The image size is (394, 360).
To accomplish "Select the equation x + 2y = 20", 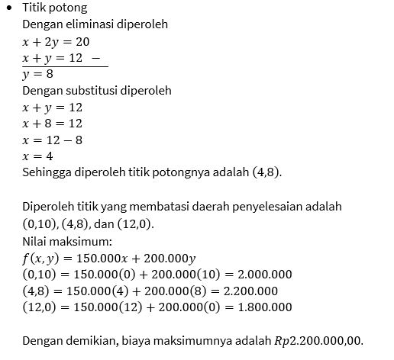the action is (56, 40).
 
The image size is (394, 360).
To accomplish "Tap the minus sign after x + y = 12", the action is (94, 57).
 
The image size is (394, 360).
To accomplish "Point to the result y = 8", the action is (37, 74).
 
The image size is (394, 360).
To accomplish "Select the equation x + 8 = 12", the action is (52, 123).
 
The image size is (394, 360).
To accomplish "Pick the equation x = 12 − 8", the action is (52, 140).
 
